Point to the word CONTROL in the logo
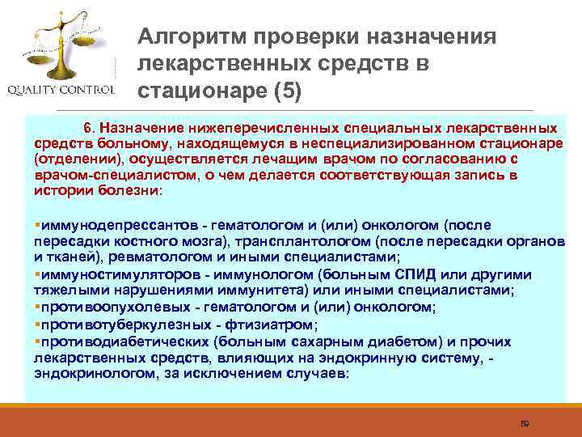point(91,89)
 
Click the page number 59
point(523,422)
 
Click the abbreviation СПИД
point(420,273)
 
